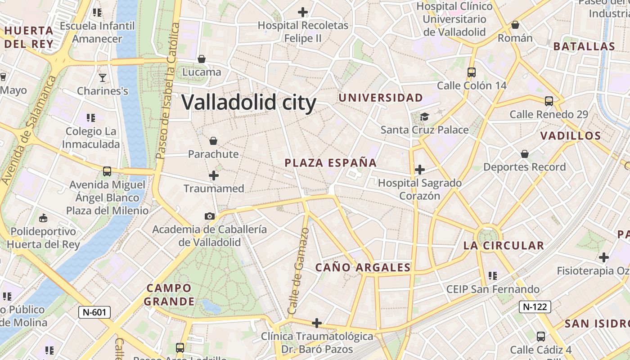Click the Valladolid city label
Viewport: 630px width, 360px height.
[249, 103]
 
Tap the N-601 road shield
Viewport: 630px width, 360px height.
[94, 312]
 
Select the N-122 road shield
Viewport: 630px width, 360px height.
[535, 307]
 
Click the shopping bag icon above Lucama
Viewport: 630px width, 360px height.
[202, 59]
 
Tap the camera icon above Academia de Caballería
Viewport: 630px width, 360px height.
[209, 216]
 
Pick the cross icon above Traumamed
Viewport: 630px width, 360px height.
[214, 175]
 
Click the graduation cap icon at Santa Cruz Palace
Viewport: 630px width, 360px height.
[424, 117]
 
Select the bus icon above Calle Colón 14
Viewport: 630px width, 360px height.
[472, 72]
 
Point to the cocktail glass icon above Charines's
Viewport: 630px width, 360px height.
[103, 78]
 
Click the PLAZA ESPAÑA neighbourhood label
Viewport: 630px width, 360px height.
[331, 163]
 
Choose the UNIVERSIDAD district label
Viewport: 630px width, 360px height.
[381, 98]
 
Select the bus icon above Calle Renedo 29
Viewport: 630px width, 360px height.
[549, 101]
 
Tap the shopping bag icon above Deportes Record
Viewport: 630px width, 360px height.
[524, 154]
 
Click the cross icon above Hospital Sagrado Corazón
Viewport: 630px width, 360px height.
[420, 170]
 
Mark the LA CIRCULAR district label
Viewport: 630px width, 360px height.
[504, 246]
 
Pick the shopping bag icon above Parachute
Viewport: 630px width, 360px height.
[213, 141]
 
